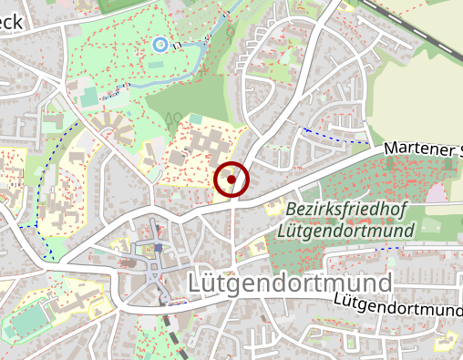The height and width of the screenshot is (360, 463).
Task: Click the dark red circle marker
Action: click(231, 180)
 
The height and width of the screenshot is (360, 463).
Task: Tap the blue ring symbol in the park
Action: click(159, 43)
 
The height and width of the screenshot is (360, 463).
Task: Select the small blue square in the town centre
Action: click(158, 247)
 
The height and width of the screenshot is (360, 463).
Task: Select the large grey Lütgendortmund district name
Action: click(289, 283)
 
